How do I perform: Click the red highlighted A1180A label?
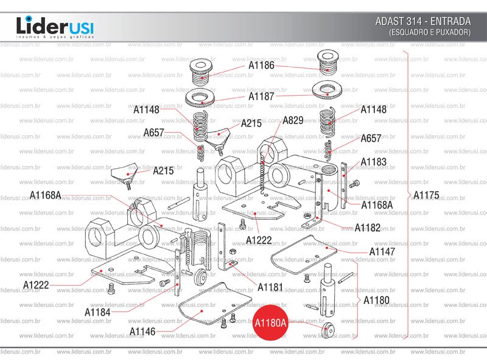[x=270, y=323]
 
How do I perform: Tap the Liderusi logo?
[x=55, y=27]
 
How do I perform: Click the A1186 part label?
[x=261, y=65]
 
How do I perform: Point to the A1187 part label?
[x=261, y=96]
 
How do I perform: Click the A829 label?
[x=293, y=121]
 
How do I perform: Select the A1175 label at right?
[x=426, y=195]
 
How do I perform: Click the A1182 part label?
[x=368, y=227]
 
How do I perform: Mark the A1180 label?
[x=376, y=300]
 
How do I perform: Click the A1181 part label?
[x=270, y=286]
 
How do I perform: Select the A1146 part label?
[x=142, y=331]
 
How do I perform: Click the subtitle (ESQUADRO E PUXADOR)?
[x=430, y=32]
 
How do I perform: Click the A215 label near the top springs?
[x=251, y=123]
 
